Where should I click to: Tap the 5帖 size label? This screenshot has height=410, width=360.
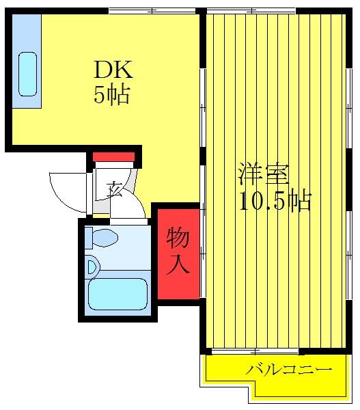click(111, 95)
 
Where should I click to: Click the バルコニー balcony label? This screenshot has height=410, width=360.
click(290, 370)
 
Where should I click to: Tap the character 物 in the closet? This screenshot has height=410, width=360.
click(178, 238)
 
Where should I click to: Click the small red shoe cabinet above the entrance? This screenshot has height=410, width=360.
click(113, 156)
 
